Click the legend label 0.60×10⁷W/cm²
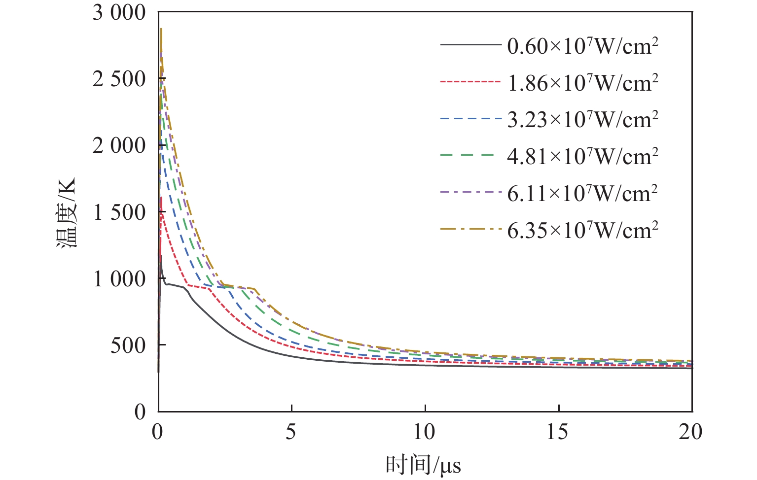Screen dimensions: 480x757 click(582, 46)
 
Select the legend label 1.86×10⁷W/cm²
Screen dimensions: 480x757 click(582, 83)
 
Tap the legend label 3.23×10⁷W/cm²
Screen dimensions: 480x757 click(582, 120)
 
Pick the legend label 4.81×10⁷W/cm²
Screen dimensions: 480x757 click(582, 157)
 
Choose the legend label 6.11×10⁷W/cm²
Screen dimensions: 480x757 click(582, 193)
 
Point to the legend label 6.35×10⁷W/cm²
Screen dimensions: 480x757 click(582, 230)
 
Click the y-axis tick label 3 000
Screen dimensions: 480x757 click(119, 13)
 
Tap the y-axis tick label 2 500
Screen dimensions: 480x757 click(119, 79)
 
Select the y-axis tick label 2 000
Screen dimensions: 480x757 click(119, 145)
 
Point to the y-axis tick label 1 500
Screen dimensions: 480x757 click(119, 212)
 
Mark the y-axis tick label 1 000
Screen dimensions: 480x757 click(119, 279)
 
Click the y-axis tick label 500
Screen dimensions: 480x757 click(128, 345)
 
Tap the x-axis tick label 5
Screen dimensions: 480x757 click(291, 432)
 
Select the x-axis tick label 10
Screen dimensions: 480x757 click(425, 432)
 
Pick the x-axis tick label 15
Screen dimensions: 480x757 click(558, 432)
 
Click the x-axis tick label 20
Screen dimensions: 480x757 click(691, 432)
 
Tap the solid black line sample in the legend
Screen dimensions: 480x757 click(470, 45)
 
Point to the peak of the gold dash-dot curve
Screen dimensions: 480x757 click(161, 29)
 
